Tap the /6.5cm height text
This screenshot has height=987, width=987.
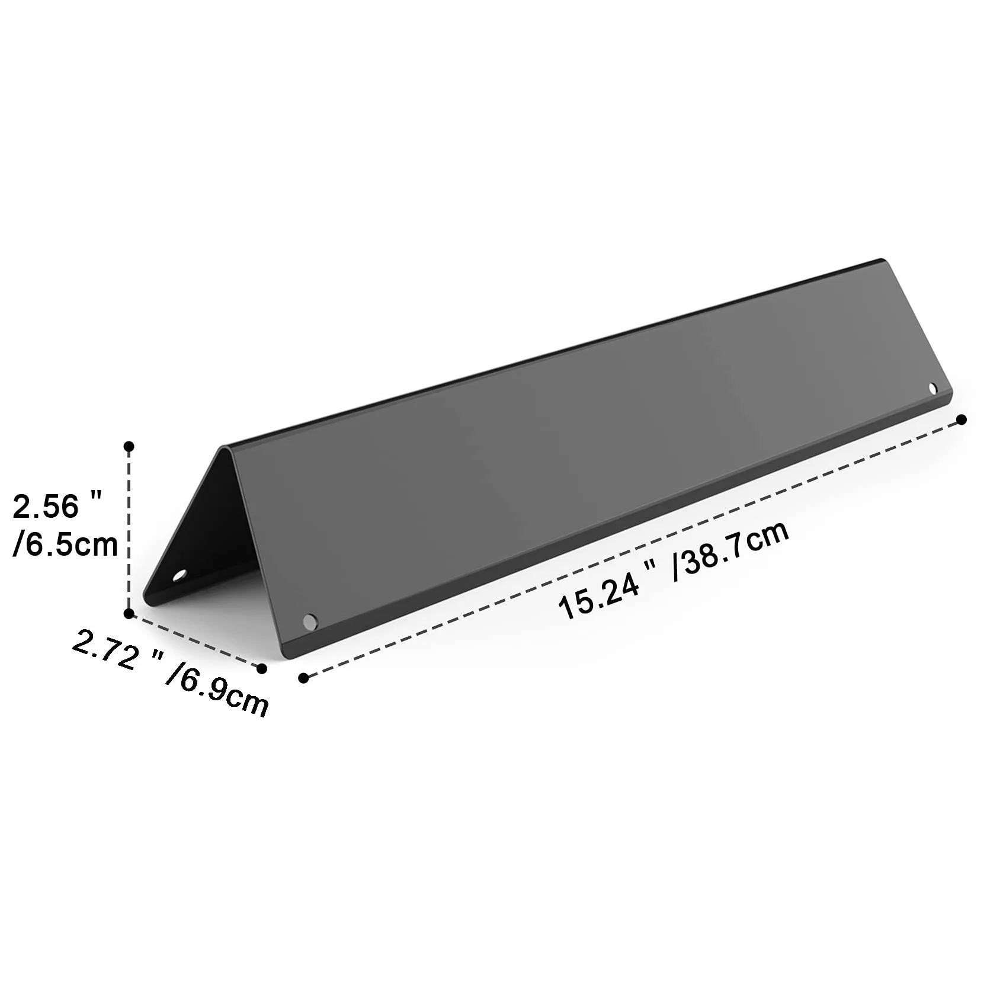(x=66, y=544)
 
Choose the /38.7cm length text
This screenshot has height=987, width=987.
(x=731, y=550)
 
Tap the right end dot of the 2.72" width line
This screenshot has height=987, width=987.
(x=262, y=668)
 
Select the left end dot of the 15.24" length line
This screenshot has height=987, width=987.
(x=304, y=678)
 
